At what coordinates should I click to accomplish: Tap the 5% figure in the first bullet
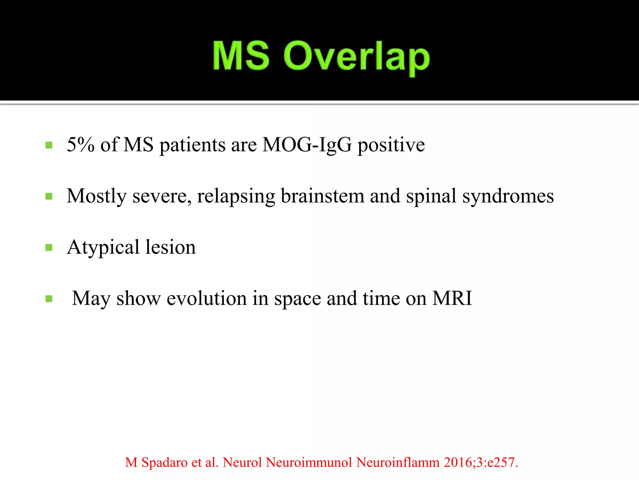pos(80,145)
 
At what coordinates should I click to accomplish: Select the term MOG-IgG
pos(307,145)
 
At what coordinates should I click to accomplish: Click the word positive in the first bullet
pos(391,145)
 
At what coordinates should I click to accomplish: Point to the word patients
pos(193,145)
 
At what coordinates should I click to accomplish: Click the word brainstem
pos(322,196)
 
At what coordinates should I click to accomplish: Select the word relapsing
pos(236,196)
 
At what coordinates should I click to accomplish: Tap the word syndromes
pos(508,196)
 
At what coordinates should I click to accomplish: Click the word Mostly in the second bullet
pos(97,196)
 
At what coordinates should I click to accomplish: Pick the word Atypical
pos(103,247)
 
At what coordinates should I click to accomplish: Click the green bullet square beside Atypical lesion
pos(49,248)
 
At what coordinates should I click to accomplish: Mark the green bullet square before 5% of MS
pos(49,145)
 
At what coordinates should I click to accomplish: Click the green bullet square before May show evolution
pos(49,299)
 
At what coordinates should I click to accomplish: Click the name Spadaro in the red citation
pos(164,462)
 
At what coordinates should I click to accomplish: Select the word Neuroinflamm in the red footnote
pos(398,462)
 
